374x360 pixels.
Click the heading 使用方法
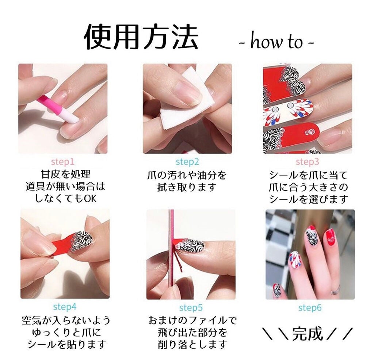coord(141,38)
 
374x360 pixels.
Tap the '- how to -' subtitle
coord(276,42)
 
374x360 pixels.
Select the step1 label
coord(62,162)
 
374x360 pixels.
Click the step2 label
coord(187,162)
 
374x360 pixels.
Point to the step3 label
coord(308,162)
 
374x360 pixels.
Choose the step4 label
coord(65,307)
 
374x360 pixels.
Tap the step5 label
coord(191,308)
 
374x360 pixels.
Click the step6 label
coord(310,308)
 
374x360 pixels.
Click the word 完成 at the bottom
coord(308,334)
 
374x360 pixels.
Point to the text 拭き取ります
coord(187,188)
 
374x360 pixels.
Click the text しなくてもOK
coord(65,199)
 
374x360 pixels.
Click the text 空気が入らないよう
coord(66,321)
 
